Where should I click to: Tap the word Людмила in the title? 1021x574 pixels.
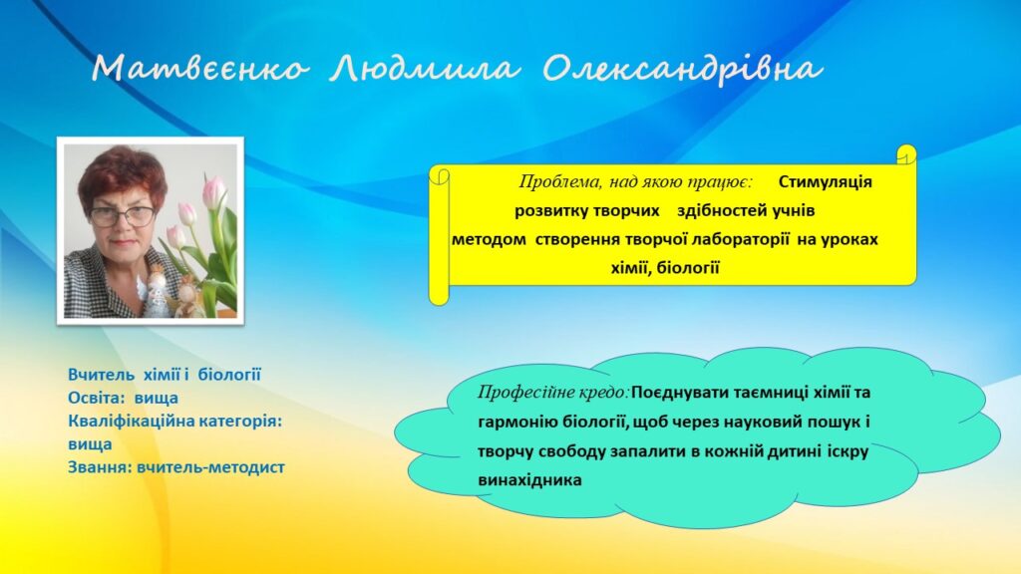pyautogui.click(x=424, y=69)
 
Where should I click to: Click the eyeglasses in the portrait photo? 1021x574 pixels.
pyautogui.click(x=122, y=215)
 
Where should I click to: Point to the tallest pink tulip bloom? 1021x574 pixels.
pyautogui.click(x=214, y=192)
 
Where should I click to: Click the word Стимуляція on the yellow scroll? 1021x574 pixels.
pyautogui.click(x=825, y=181)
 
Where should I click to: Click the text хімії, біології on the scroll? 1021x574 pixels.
pyautogui.click(x=665, y=268)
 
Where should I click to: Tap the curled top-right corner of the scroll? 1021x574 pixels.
pyautogui.click(x=906, y=154)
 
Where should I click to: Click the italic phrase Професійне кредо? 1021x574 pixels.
pyautogui.click(x=554, y=393)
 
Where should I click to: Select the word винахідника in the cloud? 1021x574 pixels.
pyautogui.click(x=529, y=481)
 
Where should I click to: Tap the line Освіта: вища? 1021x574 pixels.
pyautogui.click(x=123, y=398)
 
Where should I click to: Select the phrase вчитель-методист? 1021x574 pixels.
pyautogui.click(x=211, y=467)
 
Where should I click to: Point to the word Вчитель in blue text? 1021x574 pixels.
pyautogui.click(x=101, y=375)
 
